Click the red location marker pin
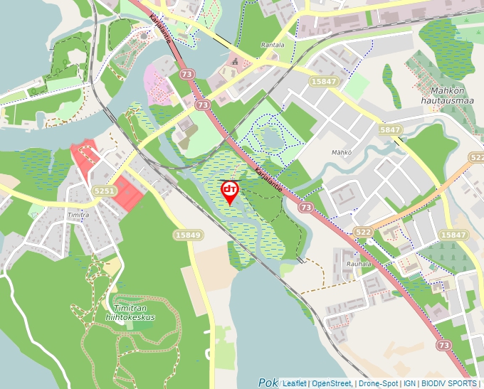[x=230, y=191]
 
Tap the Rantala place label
[x=273, y=45]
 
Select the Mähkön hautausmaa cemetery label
[x=452, y=95]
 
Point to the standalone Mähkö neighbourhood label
[x=342, y=152]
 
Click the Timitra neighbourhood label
[x=78, y=214]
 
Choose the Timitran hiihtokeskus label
[x=135, y=313]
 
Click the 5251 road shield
[x=104, y=191]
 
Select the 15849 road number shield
[x=188, y=235]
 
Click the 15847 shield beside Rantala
[x=324, y=82]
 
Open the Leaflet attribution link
[x=294, y=383]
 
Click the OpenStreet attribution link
[x=331, y=383]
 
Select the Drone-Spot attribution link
[x=378, y=383]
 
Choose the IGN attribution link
[x=409, y=383]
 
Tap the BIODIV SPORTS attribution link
[x=450, y=383]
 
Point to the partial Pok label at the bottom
[x=268, y=382]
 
